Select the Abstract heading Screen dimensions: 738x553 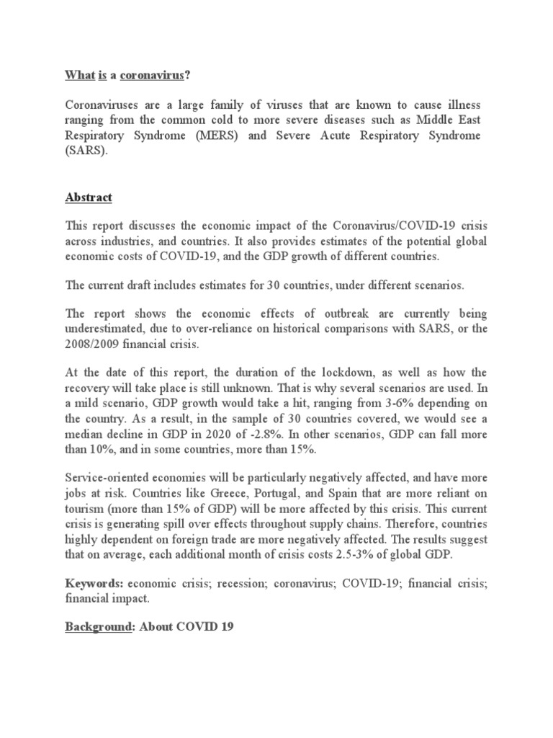pyautogui.click(x=89, y=197)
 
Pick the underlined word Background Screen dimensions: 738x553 pyautogui.click(x=96, y=627)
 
